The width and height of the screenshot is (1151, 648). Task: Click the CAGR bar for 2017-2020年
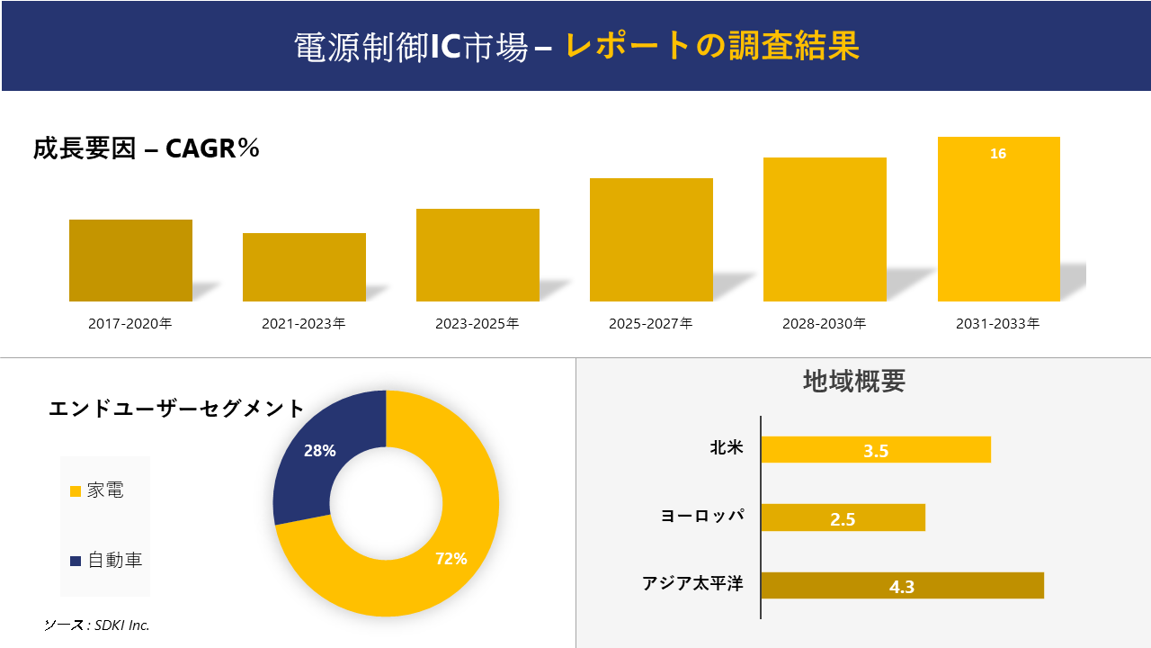pyautogui.click(x=130, y=260)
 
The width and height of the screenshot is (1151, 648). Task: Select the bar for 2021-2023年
pyautogui.click(x=304, y=267)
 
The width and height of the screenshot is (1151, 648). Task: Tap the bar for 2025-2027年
pyautogui.click(x=651, y=239)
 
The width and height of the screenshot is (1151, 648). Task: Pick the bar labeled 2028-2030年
pyautogui.click(x=825, y=229)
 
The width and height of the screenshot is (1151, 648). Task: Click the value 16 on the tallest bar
pyautogui.click(x=998, y=154)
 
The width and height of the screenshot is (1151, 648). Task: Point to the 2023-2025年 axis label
pyautogui.click(x=477, y=323)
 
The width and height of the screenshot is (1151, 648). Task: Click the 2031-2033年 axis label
pyautogui.click(x=998, y=323)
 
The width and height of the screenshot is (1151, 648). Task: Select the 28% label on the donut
pyautogui.click(x=320, y=451)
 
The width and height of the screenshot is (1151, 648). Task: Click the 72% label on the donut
pyautogui.click(x=451, y=559)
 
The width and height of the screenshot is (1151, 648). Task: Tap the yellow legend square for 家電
pyautogui.click(x=76, y=491)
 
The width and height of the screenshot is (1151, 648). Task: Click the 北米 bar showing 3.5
pyautogui.click(x=876, y=450)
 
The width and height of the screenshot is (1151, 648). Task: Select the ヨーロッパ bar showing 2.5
pyautogui.click(x=843, y=517)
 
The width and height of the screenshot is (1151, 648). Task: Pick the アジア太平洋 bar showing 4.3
pyautogui.click(x=902, y=586)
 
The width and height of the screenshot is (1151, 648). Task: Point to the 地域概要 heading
pyautogui.click(x=853, y=382)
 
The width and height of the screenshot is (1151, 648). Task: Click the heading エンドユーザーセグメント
pyautogui.click(x=177, y=409)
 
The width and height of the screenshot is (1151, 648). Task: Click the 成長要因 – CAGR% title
pyautogui.click(x=147, y=148)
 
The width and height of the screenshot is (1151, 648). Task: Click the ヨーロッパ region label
pyautogui.click(x=702, y=517)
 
